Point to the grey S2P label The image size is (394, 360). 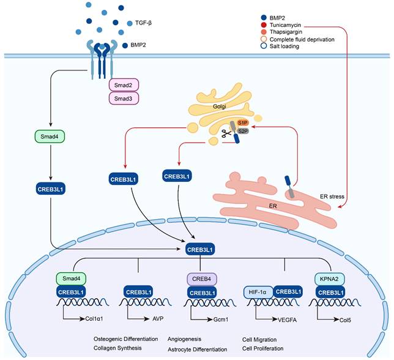[x=242, y=130]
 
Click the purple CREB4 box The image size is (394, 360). [x=202, y=279]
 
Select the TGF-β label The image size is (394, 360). [x=144, y=24]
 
